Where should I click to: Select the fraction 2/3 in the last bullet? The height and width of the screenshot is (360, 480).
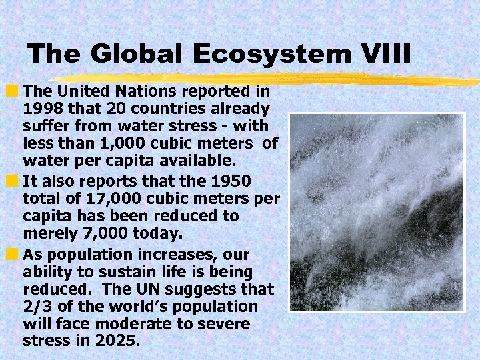[x=35, y=307]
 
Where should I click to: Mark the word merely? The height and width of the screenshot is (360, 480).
[x=45, y=233]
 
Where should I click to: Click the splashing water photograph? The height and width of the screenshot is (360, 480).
[x=377, y=212]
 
